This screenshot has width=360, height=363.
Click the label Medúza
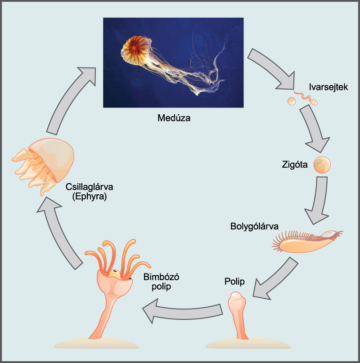(174, 118)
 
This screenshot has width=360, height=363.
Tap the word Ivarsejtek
(328, 87)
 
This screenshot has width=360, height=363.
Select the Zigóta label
(295, 165)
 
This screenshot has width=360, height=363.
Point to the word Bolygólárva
(254, 226)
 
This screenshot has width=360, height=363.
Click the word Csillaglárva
(89, 187)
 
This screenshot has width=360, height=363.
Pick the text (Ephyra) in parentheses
(90, 197)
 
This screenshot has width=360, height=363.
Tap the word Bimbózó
(161, 277)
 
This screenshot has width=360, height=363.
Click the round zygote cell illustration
(322, 165)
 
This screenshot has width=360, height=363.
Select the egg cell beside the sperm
(292, 101)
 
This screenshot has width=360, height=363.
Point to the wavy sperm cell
(306, 98)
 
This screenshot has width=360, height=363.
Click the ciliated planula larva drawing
(307, 242)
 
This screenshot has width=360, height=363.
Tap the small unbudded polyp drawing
(237, 316)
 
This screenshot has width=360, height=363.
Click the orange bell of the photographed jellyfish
(137, 50)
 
